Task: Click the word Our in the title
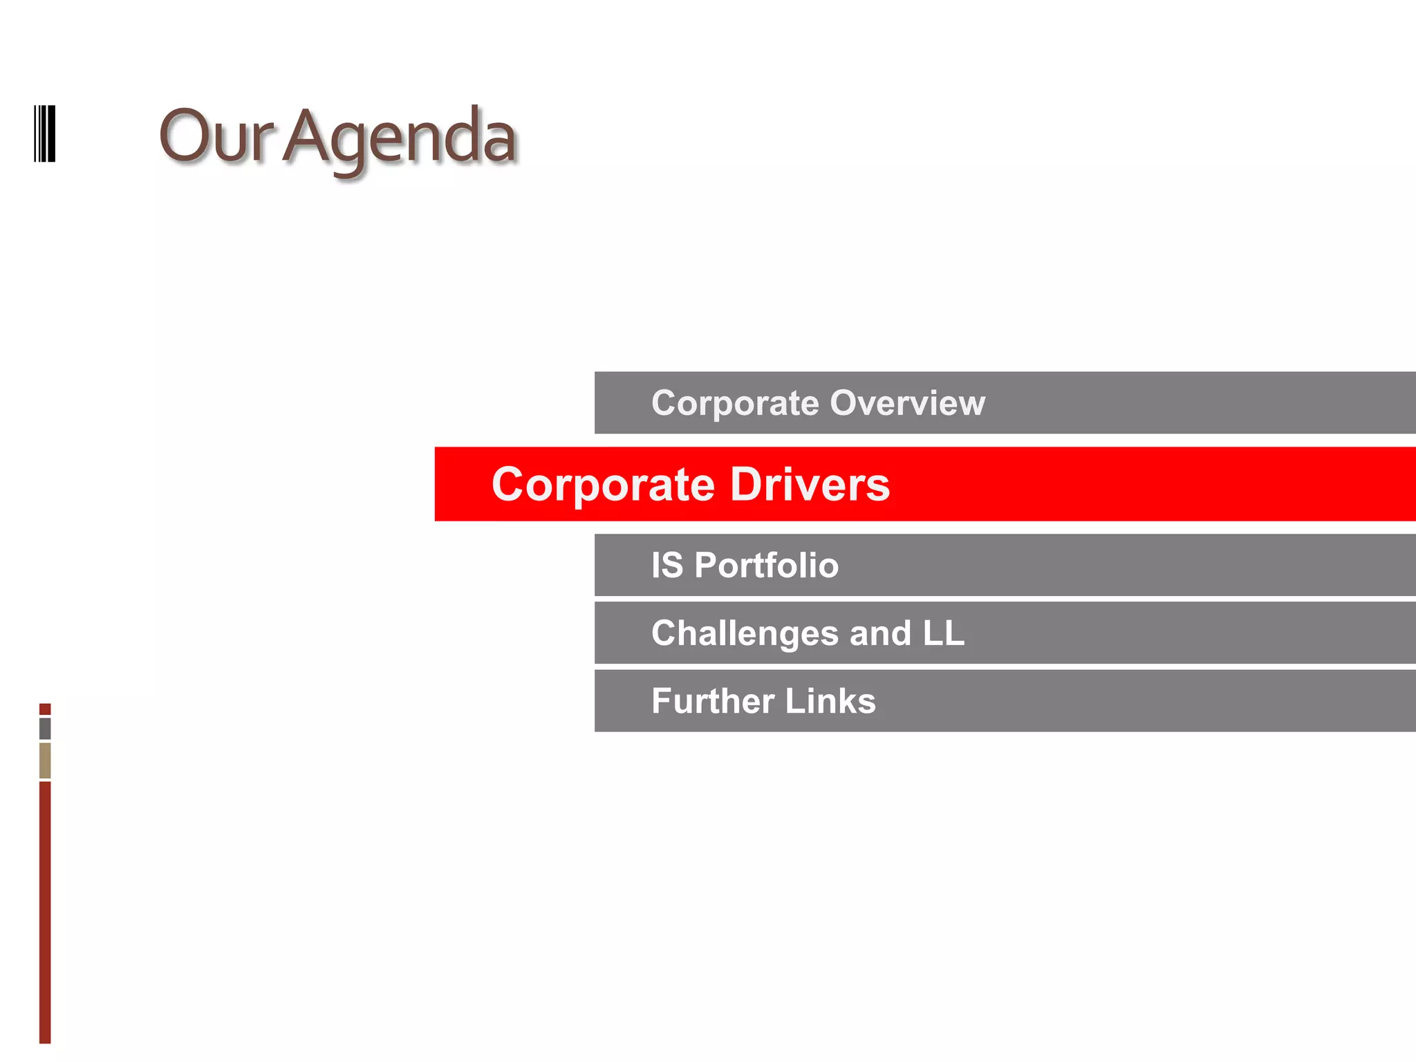[216, 137]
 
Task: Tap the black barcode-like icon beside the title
[45, 133]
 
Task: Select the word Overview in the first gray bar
[907, 403]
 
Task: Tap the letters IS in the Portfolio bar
[667, 565]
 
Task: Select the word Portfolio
[766, 565]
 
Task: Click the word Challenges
[745, 633]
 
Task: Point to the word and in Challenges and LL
[880, 633]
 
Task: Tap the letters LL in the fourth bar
[943, 633]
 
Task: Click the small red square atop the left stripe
[45, 709]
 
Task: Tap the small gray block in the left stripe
[45, 728]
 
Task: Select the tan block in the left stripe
[45, 761]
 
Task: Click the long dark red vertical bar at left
[45, 913]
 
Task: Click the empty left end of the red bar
[460, 484]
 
